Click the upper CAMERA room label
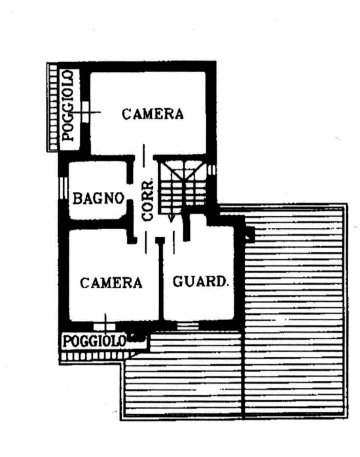coord(153,114)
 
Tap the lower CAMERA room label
coord(111,283)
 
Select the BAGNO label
coord(98,198)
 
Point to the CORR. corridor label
coord(147,200)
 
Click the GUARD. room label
coord(200,282)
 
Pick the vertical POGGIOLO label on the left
coord(68,105)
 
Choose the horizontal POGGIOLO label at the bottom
coord(94,341)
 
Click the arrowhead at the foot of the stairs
coord(171,218)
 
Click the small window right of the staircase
coord(213,170)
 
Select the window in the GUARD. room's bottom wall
coord(188,326)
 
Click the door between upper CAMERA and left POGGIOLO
coord(86,112)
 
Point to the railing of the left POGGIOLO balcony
coord(53,107)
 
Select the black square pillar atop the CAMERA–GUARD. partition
coord(160,240)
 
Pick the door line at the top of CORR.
coord(143,156)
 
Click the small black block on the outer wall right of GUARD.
coord(250,234)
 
